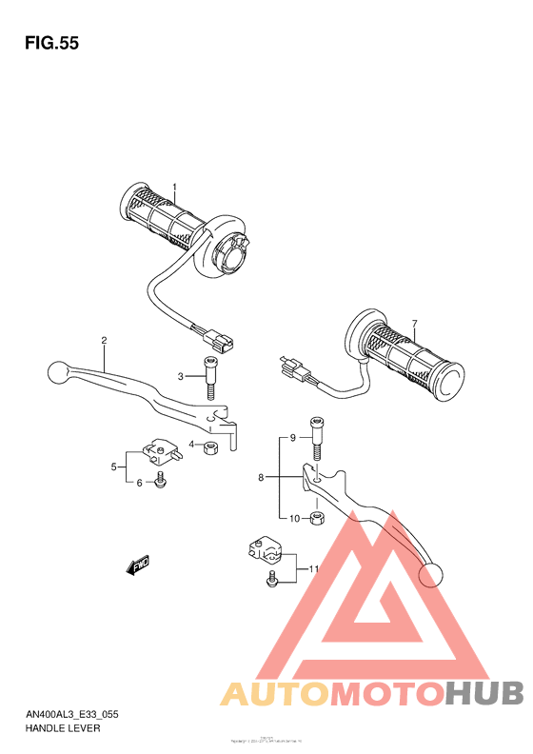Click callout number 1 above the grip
point(174,187)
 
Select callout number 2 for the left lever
point(104,341)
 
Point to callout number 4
point(114,466)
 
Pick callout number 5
point(139,484)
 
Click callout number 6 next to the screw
point(414,325)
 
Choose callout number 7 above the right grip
point(260,478)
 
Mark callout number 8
point(293,438)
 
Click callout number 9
point(294,519)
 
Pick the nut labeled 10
point(320,519)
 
